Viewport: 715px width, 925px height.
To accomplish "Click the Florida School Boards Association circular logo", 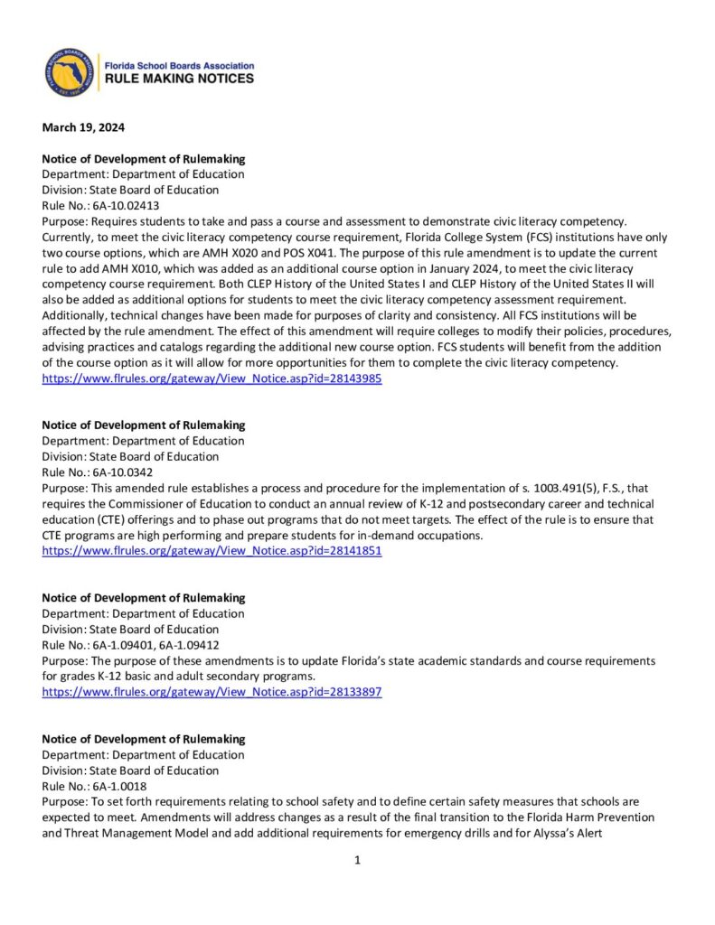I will tap(70, 72).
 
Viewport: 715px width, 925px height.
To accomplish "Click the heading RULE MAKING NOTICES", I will tap(180, 79).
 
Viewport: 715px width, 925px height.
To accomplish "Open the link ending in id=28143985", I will tap(212, 379).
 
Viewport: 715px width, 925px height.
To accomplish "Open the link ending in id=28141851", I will tap(212, 551).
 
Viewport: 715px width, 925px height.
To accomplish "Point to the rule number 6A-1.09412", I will tap(181, 645).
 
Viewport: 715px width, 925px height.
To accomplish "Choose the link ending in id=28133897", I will tap(212, 692).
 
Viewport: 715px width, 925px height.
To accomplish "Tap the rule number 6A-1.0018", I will tap(116, 786).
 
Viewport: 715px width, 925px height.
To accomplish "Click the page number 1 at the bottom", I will tap(357, 861).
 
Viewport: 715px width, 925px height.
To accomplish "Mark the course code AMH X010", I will tap(130, 268).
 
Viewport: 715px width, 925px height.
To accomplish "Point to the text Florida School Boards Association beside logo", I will tap(180, 66).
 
